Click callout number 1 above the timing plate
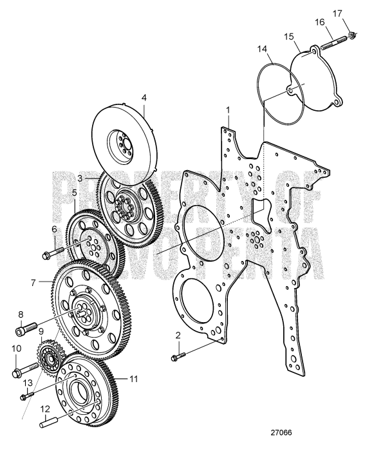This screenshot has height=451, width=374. tap(228, 111)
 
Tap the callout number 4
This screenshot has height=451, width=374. tap(144, 99)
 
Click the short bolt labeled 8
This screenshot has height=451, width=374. tap(22, 330)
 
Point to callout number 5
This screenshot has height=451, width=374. tap(74, 191)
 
